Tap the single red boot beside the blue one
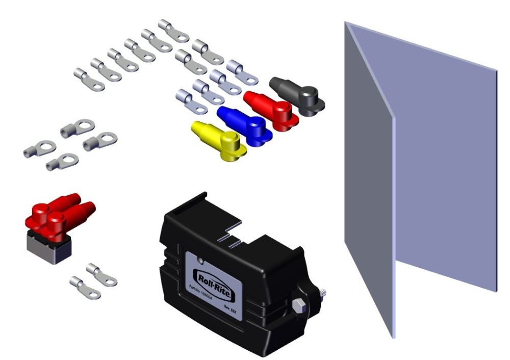[x=269, y=108]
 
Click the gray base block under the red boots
[x=49, y=249]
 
